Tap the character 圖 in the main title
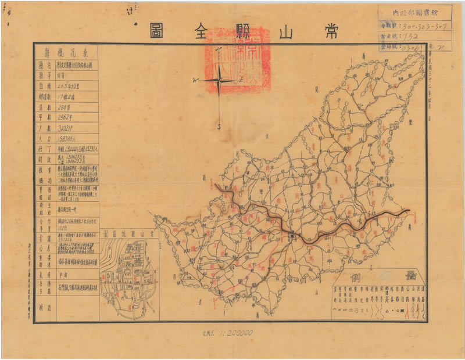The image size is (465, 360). pyautogui.click(x=156, y=27)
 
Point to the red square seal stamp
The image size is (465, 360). pyautogui.click(x=232, y=61)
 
